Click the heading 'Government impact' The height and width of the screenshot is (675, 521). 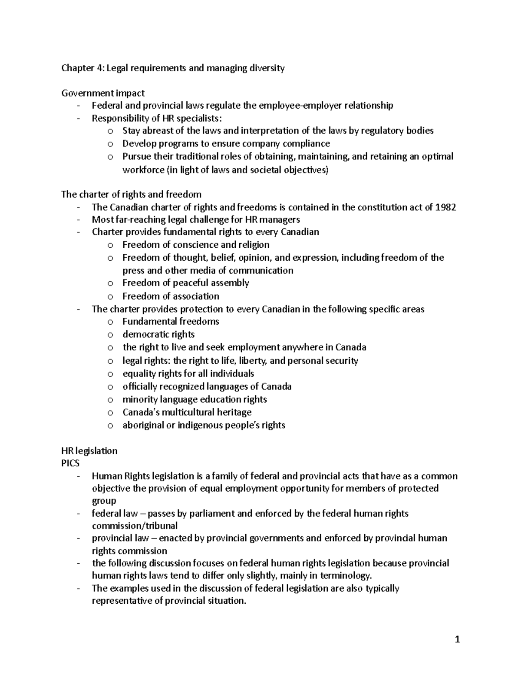click(103, 93)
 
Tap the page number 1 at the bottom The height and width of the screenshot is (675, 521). click(457, 639)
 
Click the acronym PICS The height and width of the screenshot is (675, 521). click(70, 463)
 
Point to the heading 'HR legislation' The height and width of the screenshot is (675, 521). click(89, 451)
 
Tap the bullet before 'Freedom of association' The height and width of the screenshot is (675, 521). click(110, 297)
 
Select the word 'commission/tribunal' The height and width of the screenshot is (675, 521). click(135, 525)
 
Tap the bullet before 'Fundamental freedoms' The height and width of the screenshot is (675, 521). click(110, 322)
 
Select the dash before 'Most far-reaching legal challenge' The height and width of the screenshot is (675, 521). click(78, 220)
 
